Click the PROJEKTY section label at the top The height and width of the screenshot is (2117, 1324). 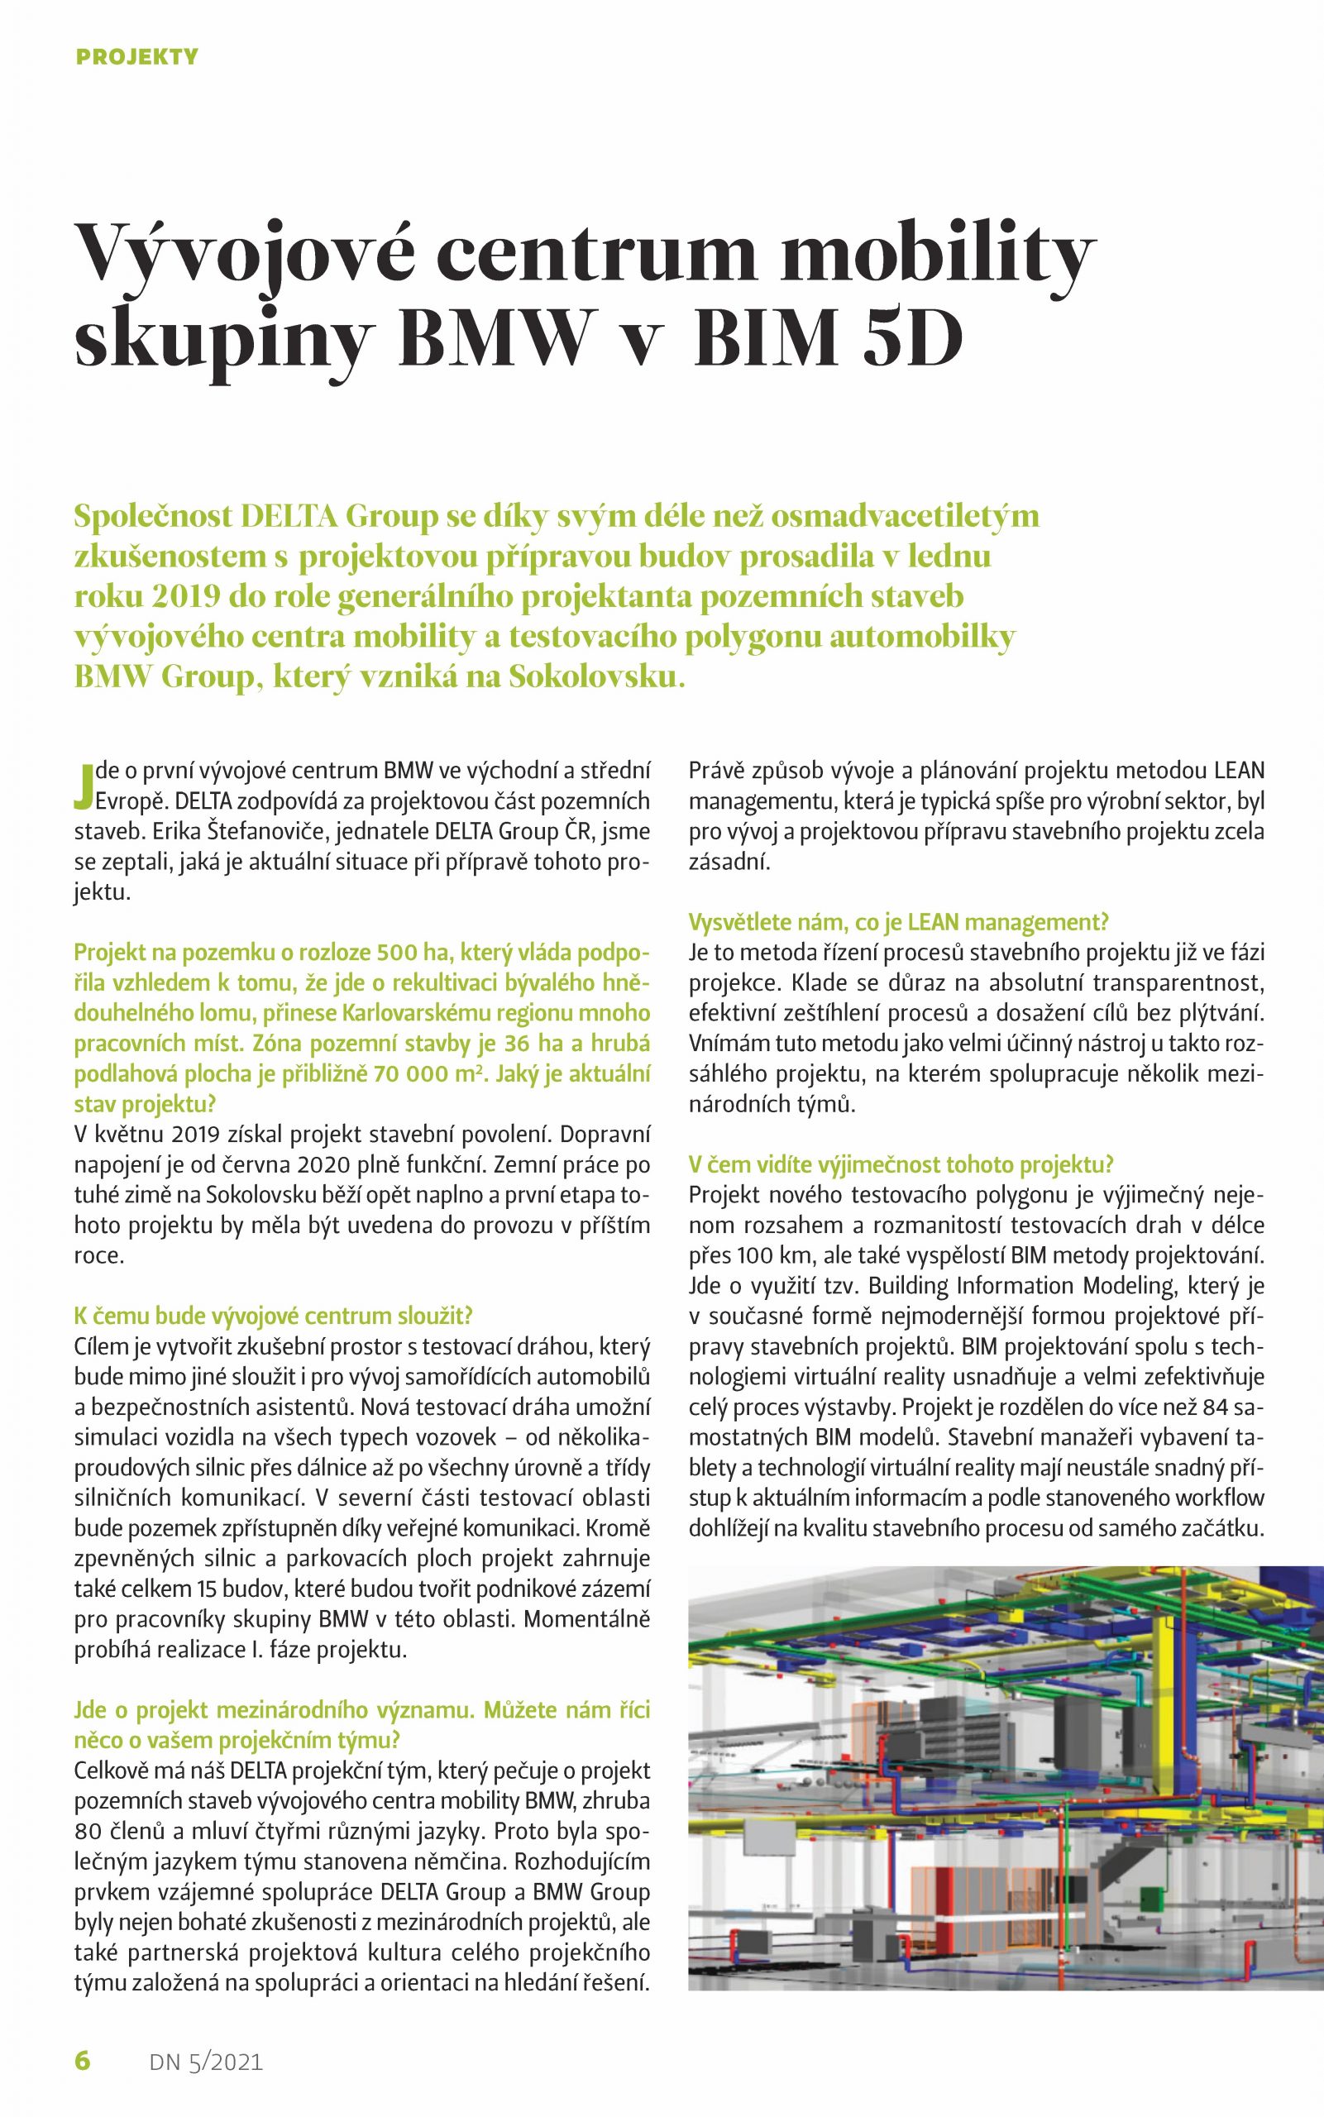[137, 58]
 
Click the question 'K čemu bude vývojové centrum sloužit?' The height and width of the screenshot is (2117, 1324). [273, 1316]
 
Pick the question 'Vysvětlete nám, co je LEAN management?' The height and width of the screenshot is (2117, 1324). [898, 922]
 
